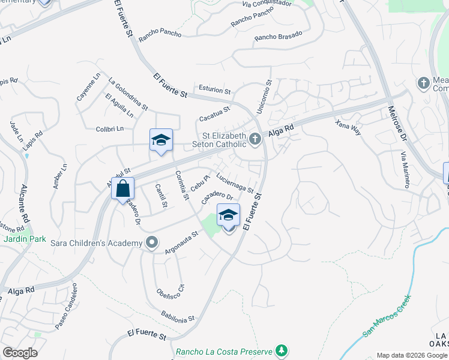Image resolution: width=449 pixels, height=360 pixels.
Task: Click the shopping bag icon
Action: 122,189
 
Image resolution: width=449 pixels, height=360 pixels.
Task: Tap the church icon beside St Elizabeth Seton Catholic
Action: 255,140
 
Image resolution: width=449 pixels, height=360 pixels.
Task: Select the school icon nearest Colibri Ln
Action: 161,140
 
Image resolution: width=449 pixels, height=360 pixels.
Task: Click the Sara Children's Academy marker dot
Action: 152,242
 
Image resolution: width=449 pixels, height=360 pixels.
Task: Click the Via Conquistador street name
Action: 267,4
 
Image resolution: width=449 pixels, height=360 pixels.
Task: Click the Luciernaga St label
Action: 235,183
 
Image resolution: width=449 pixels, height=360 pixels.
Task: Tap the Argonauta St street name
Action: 182,242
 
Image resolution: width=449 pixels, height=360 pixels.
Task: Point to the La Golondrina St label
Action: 128,94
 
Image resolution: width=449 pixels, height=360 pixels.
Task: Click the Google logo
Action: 20,352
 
